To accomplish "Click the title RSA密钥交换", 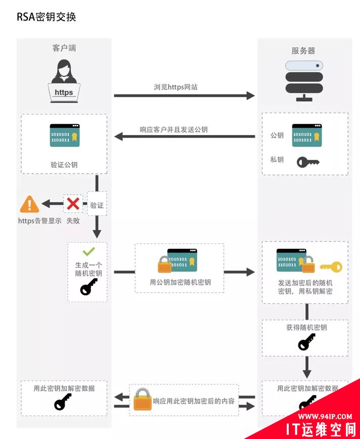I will point(47,17).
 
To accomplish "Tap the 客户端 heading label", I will point(64,48).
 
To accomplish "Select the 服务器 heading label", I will point(303,51).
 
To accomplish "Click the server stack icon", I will point(303,81).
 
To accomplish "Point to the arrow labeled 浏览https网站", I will point(184,95).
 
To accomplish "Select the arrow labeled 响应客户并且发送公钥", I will point(184,136).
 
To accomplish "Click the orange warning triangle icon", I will point(29,205).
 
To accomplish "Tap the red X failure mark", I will point(73,204).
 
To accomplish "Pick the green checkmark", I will point(88,251).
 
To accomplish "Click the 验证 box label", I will point(97,205).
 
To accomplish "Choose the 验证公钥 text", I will point(64,165).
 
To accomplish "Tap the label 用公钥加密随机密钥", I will point(180,282).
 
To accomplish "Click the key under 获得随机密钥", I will point(306,343).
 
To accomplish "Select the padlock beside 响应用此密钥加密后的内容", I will point(143,400).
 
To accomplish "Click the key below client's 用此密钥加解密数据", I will point(64,402).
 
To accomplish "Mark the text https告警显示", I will point(39,221).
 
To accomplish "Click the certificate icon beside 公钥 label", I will point(306,136).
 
